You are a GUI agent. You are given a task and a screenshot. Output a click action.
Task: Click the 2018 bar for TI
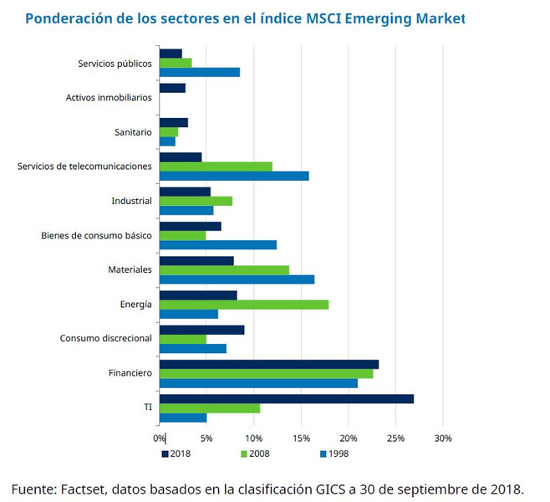point(286,399)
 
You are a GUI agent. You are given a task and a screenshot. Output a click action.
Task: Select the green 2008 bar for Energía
point(243,305)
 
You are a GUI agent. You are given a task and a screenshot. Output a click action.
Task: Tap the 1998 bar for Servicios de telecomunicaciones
point(233,176)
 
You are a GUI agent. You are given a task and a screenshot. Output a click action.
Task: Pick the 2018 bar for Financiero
point(268,364)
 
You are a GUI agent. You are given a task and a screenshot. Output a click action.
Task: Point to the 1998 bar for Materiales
point(237,279)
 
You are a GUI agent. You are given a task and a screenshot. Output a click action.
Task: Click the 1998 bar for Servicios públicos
point(199,72)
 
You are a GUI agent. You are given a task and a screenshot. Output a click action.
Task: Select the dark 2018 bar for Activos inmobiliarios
point(172,88)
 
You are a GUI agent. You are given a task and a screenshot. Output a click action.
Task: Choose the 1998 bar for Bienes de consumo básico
point(217,245)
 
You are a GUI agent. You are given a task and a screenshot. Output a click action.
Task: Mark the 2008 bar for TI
point(209,408)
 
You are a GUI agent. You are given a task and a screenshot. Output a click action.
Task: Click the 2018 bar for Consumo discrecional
point(201,330)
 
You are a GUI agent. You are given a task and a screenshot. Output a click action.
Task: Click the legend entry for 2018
point(176,454)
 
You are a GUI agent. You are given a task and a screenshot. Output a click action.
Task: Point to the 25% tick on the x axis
point(396,438)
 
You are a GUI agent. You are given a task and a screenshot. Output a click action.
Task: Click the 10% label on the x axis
point(254,438)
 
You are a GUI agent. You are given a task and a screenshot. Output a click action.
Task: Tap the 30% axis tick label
point(443,438)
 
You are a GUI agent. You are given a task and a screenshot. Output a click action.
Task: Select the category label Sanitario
point(133,132)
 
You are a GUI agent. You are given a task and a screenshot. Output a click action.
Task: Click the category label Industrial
point(131,201)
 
